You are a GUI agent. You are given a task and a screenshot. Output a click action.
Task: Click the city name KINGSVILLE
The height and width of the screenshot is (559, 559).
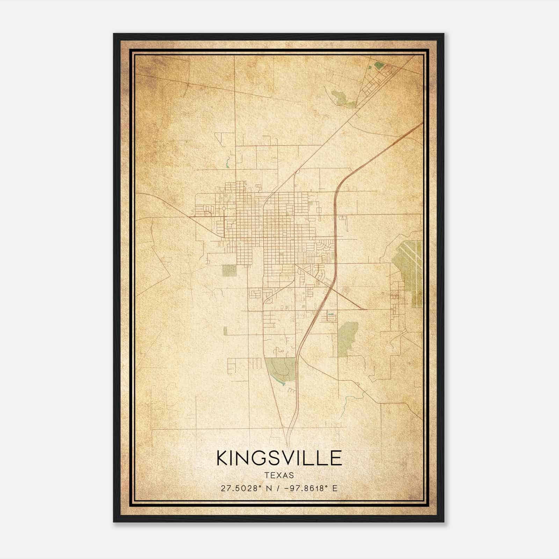click(x=279, y=458)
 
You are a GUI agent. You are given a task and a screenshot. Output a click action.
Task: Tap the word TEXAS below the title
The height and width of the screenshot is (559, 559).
click(x=279, y=475)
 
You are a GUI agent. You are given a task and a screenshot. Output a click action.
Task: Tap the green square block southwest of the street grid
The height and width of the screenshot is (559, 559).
click(x=229, y=270)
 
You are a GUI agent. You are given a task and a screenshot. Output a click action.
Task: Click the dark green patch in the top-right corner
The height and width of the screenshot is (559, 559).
click(x=378, y=65)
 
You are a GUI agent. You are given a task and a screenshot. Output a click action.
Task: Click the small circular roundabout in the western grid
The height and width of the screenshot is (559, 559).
click(x=224, y=209)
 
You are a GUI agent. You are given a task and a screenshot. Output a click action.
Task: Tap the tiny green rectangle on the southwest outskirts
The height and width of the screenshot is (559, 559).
click(x=225, y=331)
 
